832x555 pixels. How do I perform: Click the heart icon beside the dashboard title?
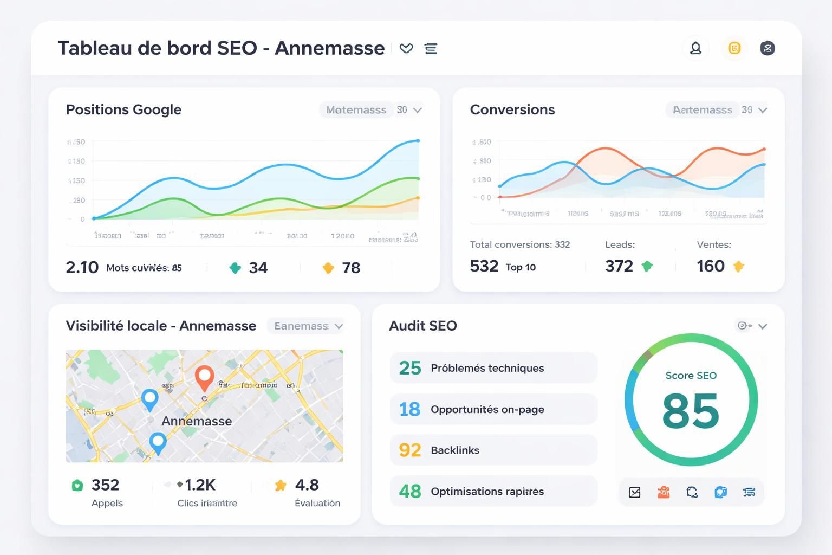[406, 48]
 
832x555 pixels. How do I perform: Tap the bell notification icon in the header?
[695, 48]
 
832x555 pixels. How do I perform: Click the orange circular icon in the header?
[734, 48]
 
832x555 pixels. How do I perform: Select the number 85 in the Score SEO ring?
[691, 411]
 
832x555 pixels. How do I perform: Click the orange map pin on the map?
[204, 376]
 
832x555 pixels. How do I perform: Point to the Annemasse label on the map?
[197, 421]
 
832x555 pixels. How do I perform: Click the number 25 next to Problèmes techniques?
[410, 368]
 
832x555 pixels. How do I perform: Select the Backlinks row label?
[455, 450]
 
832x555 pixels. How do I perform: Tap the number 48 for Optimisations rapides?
[410, 492]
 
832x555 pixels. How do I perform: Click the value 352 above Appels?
[105, 485]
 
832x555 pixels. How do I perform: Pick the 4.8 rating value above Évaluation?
[307, 485]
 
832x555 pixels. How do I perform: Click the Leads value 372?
[619, 266]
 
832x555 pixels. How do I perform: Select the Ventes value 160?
[711, 266]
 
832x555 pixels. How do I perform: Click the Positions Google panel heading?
[123, 109]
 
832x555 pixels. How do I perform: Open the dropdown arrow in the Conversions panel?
[763, 110]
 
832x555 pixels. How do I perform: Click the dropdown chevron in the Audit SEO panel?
[763, 326]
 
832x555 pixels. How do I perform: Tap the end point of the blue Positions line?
[418, 140]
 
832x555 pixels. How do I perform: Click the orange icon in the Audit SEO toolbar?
[664, 492]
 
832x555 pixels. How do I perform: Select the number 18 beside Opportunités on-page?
[410, 409]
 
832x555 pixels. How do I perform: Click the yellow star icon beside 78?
[328, 268]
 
